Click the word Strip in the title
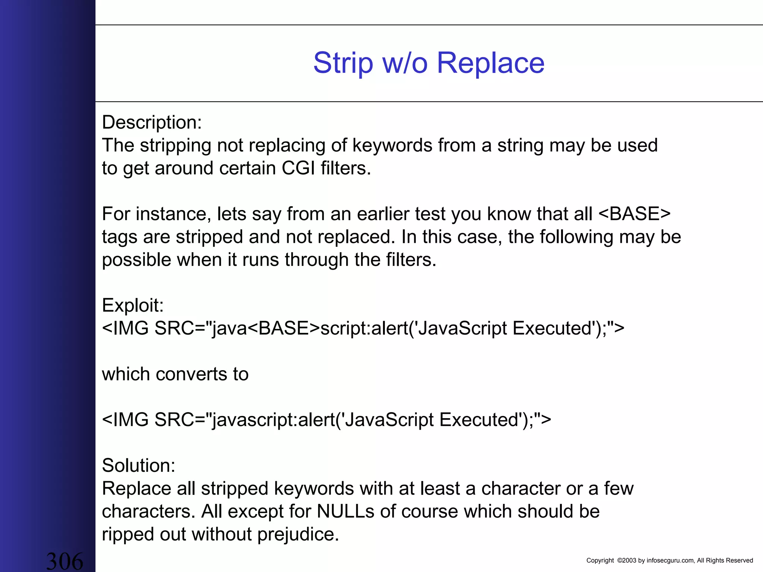click(x=343, y=63)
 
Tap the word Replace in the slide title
click(x=490, y=63)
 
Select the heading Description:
click(x=152, y=123)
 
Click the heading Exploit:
click(x=133, y=305)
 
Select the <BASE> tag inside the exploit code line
click(x=284, y=328)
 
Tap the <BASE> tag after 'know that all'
click(x=634, y=214)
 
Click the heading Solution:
click(x=139, y=465)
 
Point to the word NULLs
click(x=345, y=512)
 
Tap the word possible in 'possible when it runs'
click(x=136, y=260)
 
